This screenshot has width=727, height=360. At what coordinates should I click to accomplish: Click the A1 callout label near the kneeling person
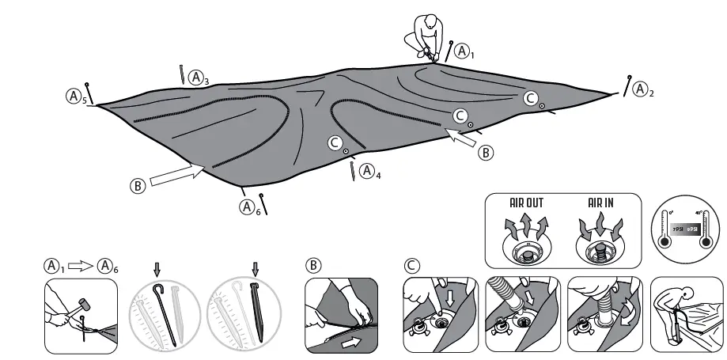click(x=464, y=53)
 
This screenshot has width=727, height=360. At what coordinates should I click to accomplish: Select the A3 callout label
click(x=199, y=78)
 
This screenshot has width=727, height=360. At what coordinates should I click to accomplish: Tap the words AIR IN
click(x=600, y=203)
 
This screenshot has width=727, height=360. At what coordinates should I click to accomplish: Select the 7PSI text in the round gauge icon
click(x=678, y=229)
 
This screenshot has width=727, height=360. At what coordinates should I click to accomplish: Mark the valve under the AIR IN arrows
click(x=600, y=252)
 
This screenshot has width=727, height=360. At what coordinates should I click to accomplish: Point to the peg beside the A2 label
click(x=627, y=85)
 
